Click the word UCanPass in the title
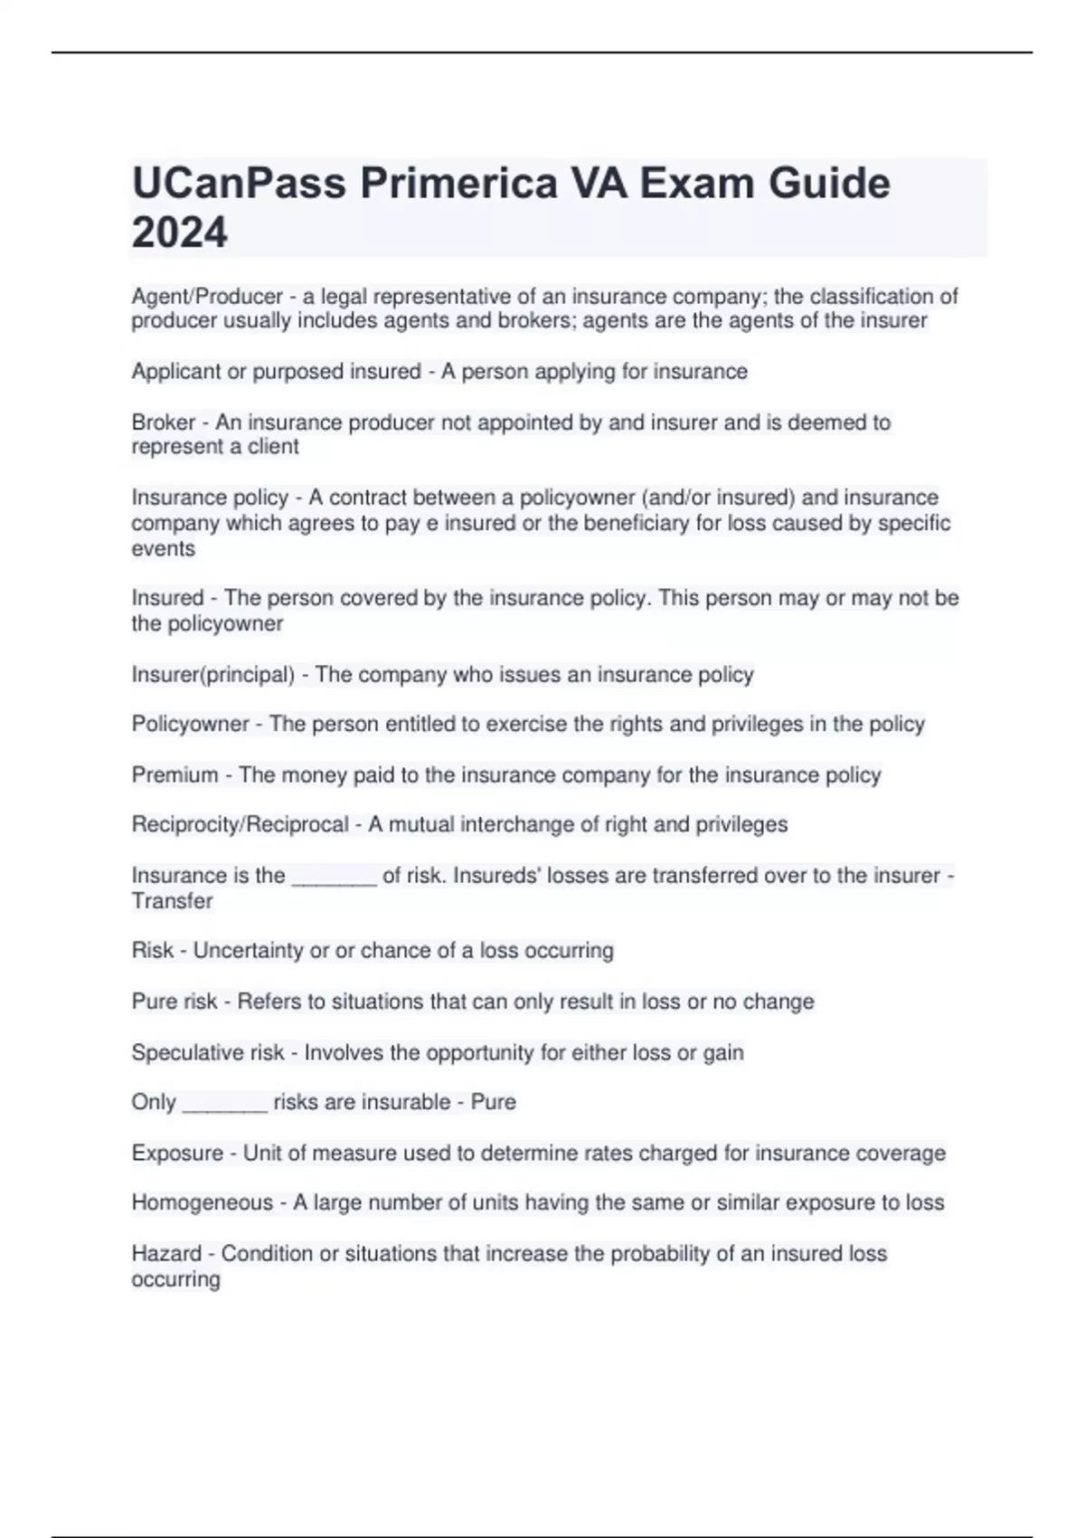pos(239,184)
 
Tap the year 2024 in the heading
pos(179,233)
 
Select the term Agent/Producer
pos(207,297)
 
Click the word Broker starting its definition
pos(164,422)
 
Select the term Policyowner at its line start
pos(190,724)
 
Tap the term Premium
pos(175,775)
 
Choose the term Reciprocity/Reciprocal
pos(240,825)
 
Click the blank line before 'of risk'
pos(334,878)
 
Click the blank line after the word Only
pos(224,1105)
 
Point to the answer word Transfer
pos(172,901)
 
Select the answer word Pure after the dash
pos(494,1102)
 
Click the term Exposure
pos(177,1153)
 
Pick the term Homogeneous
pos(203,1203)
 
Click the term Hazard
pos(166,1254)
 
